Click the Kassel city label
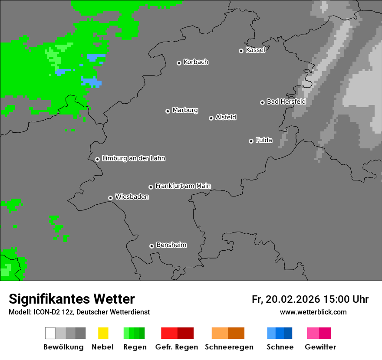[255, 50]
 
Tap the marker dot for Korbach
[179, 63]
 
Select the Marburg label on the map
[185, 110]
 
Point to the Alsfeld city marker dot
[211, 118]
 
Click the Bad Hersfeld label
[286, 101]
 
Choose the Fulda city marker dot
[251, 141]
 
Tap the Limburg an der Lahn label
[133, 158]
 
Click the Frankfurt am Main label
[183, 186]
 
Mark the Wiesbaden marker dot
[110, 198]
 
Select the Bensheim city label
[171, 245]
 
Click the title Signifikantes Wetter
[72, 299]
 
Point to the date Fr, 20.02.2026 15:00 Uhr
[310, 299]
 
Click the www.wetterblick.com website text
[313, 312]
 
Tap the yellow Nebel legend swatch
[103, 333]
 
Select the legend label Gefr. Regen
[177, 347]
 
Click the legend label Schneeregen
[229, 347]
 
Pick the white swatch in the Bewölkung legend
[50, 333]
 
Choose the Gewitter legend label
[320, 347]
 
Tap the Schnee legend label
[280, 347]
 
